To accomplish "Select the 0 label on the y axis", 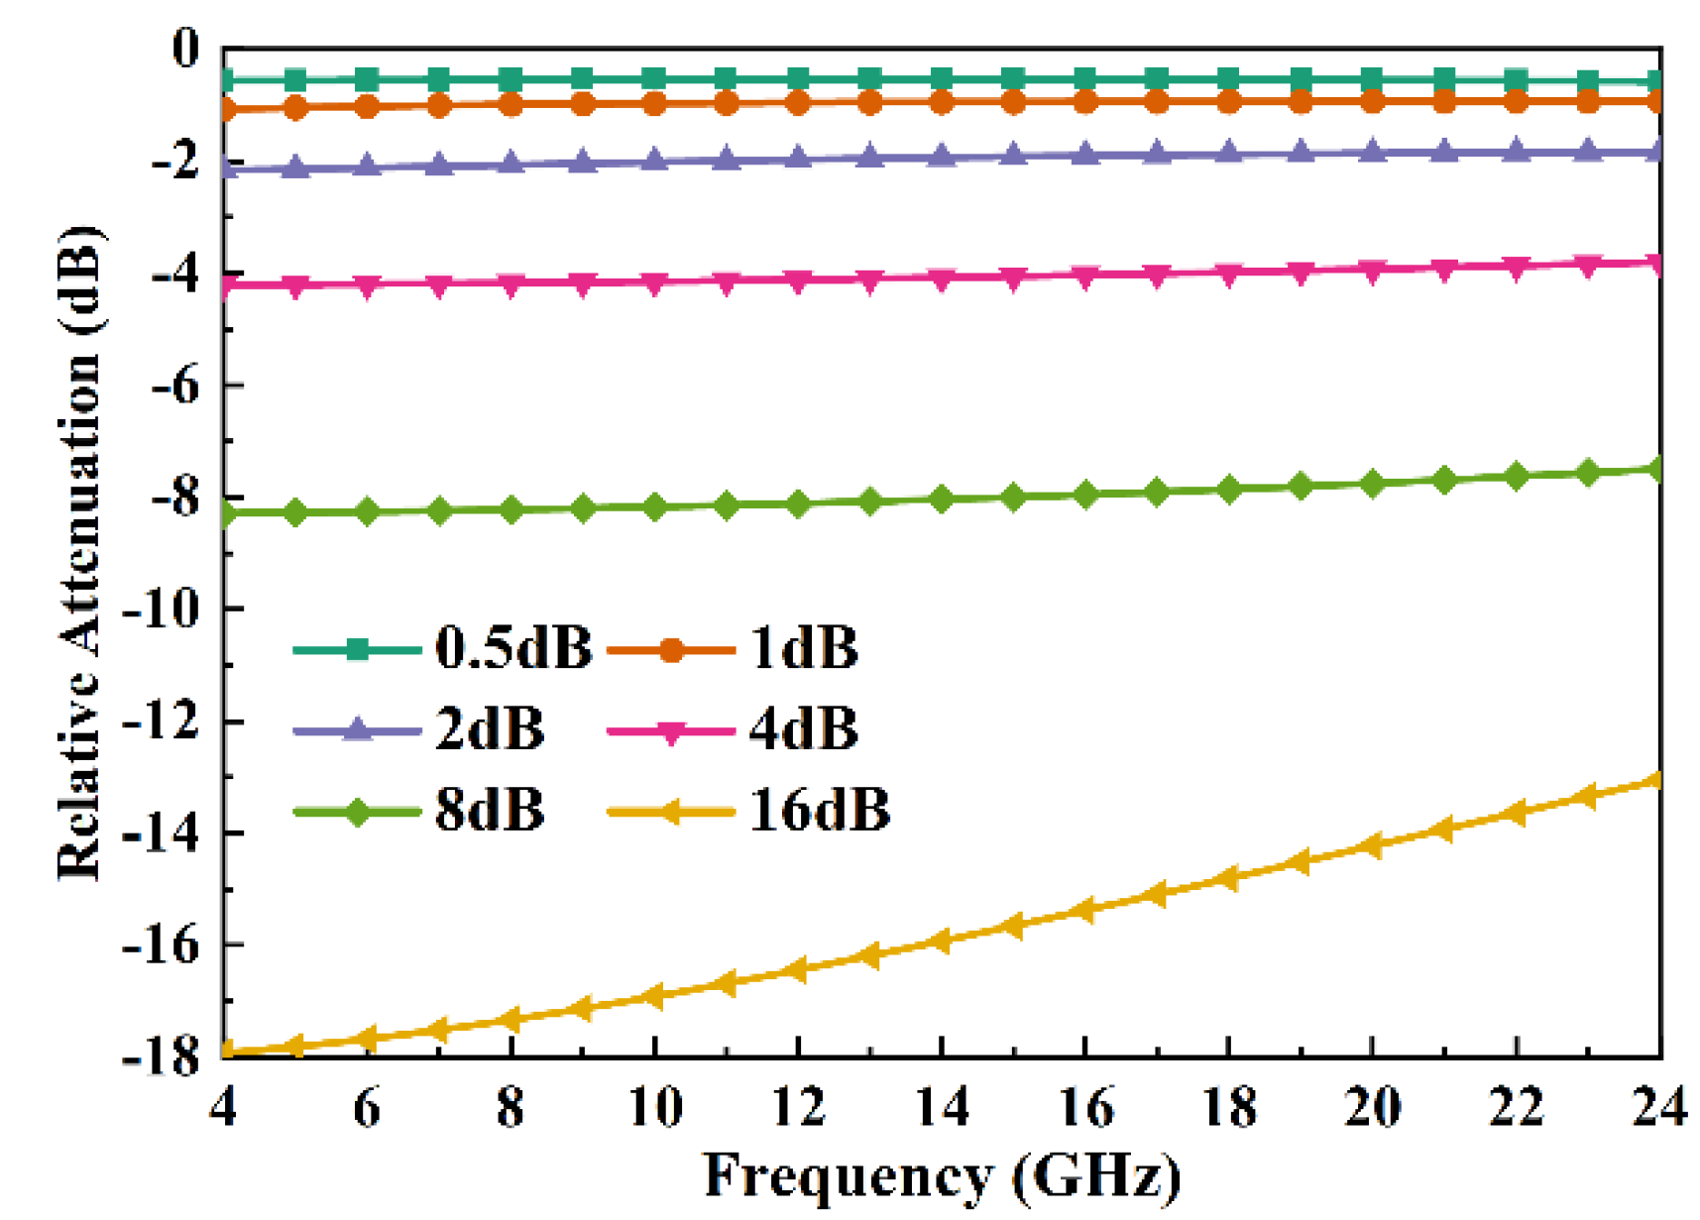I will [x=185, y=49].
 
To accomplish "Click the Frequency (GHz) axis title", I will [x=942, y=1176].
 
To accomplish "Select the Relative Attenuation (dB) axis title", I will [x=79, y=551].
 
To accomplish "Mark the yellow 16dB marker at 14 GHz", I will [x=942, y=941].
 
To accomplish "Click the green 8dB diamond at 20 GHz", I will [x=1372, y=484].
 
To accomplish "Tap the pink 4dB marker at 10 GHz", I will [x=654, y=283].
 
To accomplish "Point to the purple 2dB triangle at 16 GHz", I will [x=1085, y=155].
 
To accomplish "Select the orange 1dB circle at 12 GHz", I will [x=798, y=101].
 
